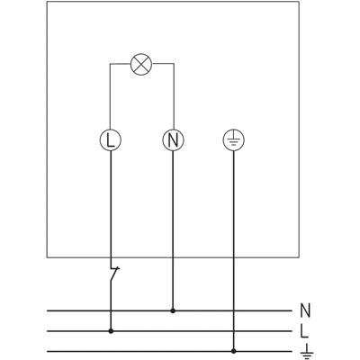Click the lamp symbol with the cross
[141, 65]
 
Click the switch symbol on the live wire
[114, 274]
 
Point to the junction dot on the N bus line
[173, 310]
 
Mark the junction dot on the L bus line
[111, 331]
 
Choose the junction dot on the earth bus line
[234, 351]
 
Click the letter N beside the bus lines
[305, 310]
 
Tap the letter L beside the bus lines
[304, 331]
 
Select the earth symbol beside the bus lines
[307, 351]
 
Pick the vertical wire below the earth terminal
[234, 249]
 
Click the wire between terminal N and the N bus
[173, 229]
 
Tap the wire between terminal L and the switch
[111, 209]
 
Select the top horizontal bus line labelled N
[169, 310]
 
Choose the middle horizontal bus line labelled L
[169, 331]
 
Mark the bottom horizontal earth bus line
[169, 351]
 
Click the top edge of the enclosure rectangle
[173, 2]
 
